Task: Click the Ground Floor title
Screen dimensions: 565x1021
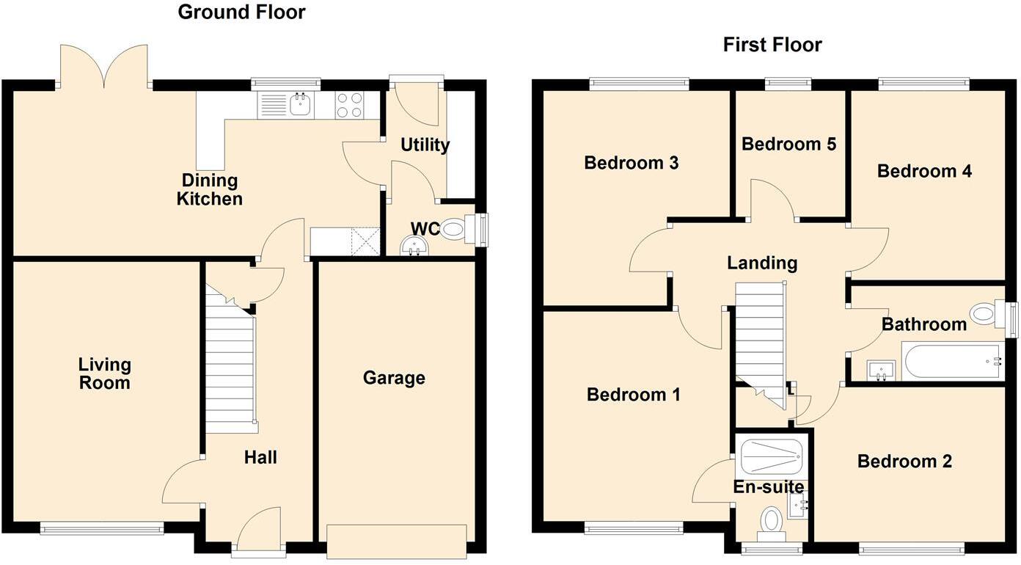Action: [241, 12]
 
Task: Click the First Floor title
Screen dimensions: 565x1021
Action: [772, 45]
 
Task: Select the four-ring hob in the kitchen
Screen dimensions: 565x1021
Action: [350, 105]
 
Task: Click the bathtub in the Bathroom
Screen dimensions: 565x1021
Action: [951, 362]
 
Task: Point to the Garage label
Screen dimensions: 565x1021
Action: [394, 378]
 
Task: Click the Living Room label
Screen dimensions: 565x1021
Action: [105, 373]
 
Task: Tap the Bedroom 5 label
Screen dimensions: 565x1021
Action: [788, 144]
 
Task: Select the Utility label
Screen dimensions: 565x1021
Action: [425, 145]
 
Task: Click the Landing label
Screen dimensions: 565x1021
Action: [761, 263]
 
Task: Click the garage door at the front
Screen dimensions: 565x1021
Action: [397, 542]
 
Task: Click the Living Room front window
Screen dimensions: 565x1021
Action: [101, 527]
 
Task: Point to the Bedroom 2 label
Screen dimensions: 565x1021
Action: [904, 462]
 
